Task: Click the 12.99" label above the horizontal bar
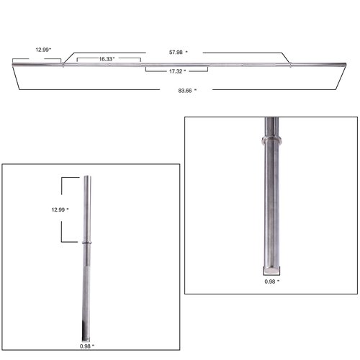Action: point(43,50)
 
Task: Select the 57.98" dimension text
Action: point(179,52)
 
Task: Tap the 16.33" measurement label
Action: point(107,59)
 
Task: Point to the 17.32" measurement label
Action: point(177,71)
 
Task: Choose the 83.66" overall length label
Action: point(187,91)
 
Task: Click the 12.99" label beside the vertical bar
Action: point(60,210)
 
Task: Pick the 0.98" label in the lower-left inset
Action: point(87,346)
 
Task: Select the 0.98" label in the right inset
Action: point(272,282)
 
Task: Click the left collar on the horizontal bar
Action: point(63,64)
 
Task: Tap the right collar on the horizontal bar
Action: point(290,65)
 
